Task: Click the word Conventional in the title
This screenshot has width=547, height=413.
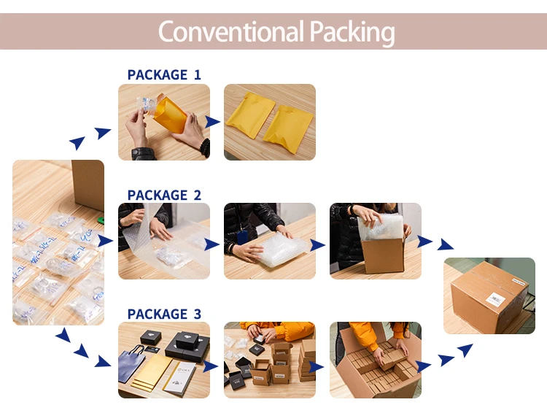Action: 230,32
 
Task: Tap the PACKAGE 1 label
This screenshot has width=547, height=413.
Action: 164,74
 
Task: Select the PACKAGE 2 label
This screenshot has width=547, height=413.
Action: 164,195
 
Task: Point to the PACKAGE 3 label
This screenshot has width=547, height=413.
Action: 164,314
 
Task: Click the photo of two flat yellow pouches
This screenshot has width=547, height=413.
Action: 270,122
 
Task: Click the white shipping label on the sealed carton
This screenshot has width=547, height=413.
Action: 496,298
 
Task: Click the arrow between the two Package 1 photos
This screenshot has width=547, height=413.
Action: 213,122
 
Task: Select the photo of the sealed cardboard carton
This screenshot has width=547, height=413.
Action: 489,296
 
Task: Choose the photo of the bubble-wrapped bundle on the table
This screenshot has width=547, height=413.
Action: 270,241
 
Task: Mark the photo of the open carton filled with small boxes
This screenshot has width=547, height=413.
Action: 376,360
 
